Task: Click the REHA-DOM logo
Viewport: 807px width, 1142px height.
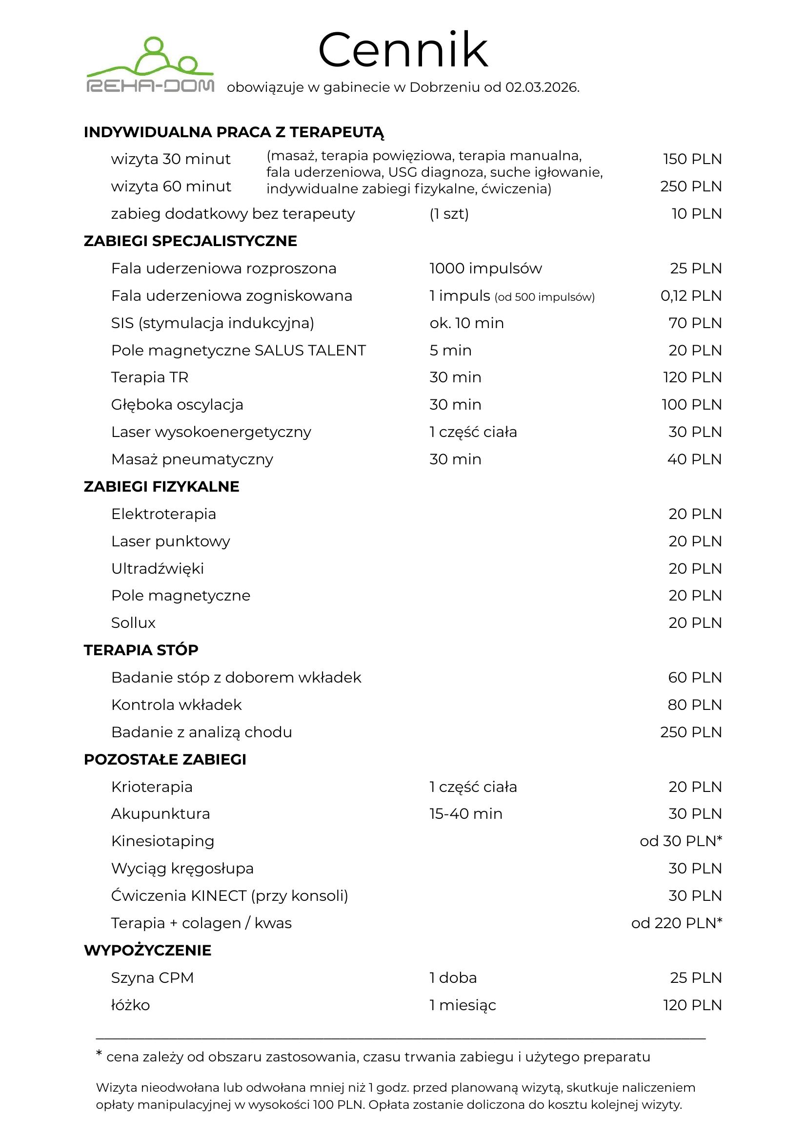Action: (x=150, y=64)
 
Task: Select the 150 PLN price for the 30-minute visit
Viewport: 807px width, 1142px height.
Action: (x=692, y=159)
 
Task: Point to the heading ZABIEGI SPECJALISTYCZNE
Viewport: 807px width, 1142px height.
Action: (x=190, y=241)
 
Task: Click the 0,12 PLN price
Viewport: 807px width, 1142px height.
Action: (x=691, y=296)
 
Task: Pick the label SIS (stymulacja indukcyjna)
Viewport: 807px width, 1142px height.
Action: (x=213, y=323)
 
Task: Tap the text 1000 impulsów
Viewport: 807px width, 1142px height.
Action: (x=485, y=269)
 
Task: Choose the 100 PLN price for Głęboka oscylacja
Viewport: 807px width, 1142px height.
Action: (x=691, y=405)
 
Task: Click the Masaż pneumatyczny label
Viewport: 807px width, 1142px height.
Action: (x=192, y=459)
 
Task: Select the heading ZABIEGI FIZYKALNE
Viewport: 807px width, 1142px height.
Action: (x=161, y=486)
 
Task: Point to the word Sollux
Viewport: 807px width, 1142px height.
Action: (x=133, y=623)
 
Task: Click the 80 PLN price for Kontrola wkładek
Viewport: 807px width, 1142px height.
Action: (x=694, y=705)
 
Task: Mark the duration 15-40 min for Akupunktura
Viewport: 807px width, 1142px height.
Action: (x=465, y=814)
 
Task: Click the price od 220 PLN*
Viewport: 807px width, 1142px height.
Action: (x=676, y=923)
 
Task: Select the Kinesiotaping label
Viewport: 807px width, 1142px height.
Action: (x=162, y=841)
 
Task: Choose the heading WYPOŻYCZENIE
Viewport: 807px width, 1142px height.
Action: (x=147, y=951)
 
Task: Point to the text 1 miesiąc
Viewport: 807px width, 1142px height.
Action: (x=463, y=1005)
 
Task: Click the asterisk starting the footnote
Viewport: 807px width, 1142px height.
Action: (x=100, y=1054)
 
